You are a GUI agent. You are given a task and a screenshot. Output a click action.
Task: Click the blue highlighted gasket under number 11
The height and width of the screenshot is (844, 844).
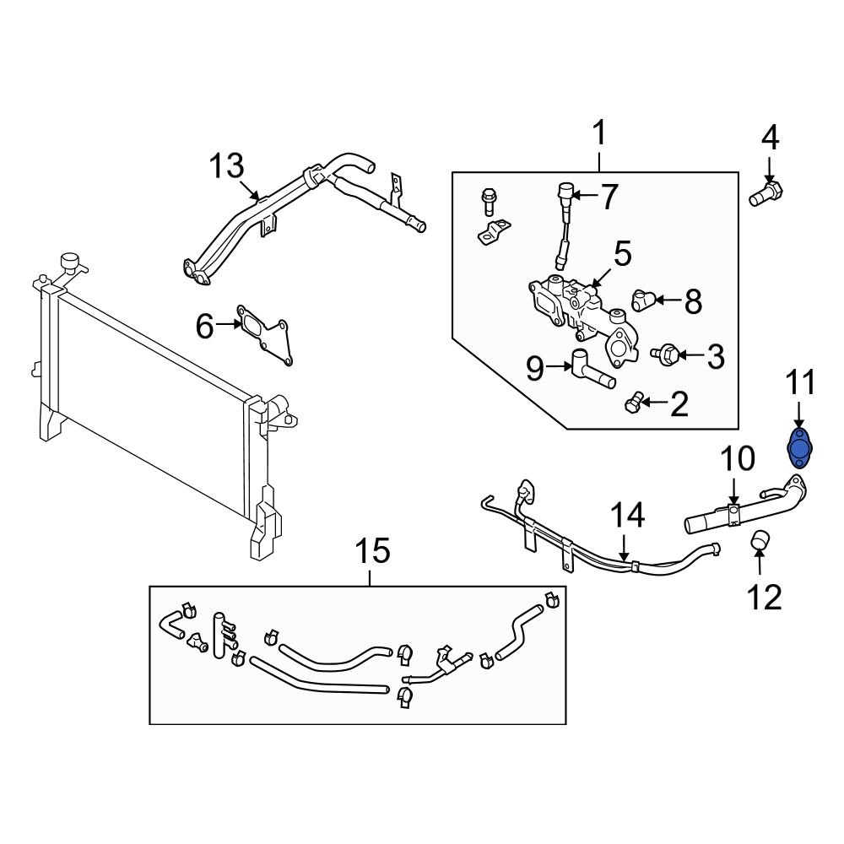click(798, 446)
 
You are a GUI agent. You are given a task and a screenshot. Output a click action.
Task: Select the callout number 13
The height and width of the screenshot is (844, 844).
click(226, 165)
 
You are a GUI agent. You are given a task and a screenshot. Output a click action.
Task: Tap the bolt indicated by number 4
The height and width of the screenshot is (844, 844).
click(764, 192)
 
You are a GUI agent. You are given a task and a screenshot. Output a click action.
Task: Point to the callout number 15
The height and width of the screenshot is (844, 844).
click(371, 552)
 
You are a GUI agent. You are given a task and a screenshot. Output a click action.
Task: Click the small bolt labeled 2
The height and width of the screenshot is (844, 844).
click(634, 403)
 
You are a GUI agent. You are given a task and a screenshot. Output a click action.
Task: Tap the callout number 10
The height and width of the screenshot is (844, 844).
click(738, 460)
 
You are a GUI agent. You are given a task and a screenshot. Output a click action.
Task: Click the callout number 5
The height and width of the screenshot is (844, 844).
click(622, 253)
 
